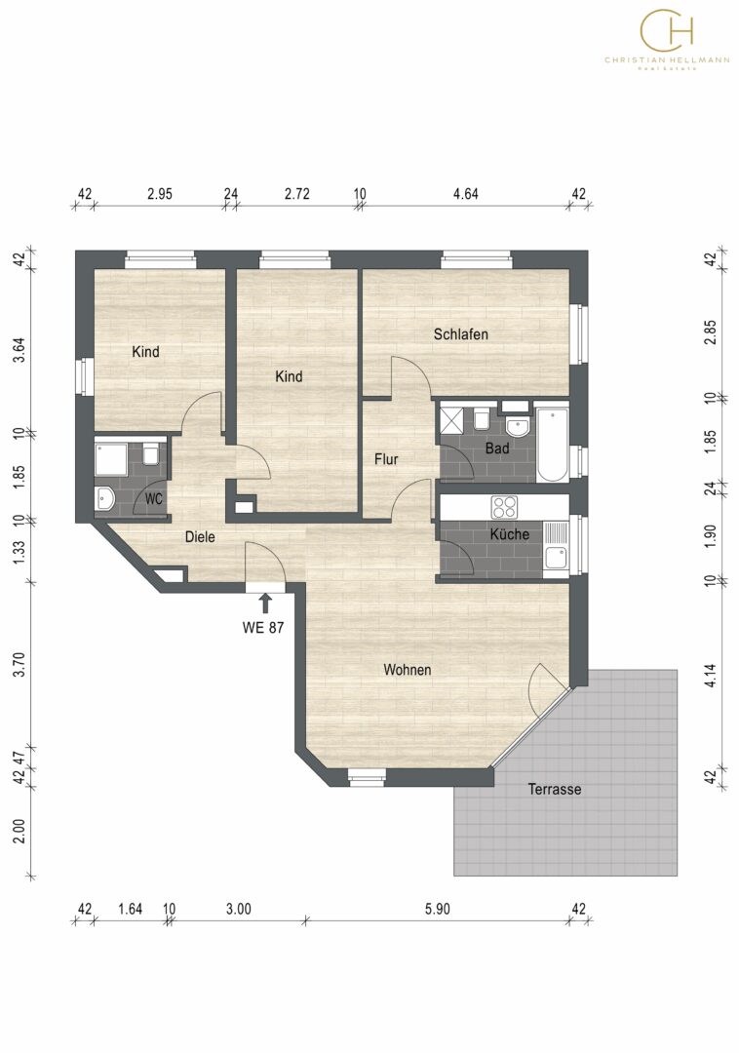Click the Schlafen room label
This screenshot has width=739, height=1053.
point(460,333)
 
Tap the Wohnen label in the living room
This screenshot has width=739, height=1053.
point(407,670)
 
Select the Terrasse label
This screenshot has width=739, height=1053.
point(555,789)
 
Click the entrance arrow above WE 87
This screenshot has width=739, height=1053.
point(265,603)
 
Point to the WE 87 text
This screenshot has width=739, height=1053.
point(263,627)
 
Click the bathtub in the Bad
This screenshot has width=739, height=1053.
point(552,444)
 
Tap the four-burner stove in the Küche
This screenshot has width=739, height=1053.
point(504,507)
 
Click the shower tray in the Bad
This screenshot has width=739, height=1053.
point(452,419)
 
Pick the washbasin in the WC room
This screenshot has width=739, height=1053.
point(104,497)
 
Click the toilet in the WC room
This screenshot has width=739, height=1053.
point(150,453)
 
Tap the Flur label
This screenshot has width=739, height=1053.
point(386,459)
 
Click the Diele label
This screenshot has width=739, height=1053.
point(200,536)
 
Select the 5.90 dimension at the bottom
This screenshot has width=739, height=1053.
point(437,910)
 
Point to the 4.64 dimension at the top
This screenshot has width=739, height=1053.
point(466,194)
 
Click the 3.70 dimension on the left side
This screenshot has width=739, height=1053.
point(19,664)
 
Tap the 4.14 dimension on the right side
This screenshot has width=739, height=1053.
point(711,675)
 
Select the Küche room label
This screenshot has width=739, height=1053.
point(510,534)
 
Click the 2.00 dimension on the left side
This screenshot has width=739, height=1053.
point(19,832)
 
